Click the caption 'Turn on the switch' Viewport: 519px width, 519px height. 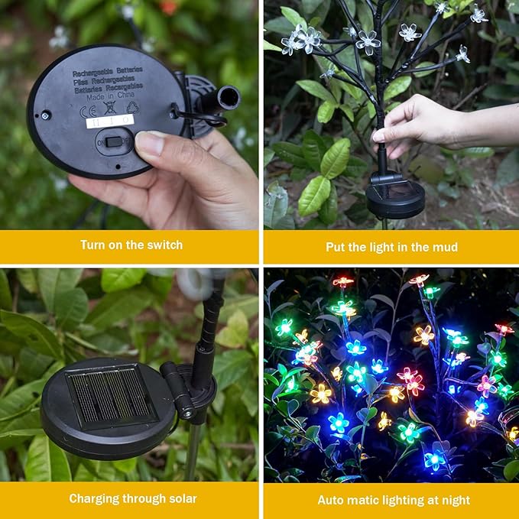(131, 245)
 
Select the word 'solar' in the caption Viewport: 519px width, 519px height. (181, 499)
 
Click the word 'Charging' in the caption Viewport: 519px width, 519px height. (95, 499)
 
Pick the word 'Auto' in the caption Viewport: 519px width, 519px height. (332, 501)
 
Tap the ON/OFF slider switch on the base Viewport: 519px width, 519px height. (114, 141)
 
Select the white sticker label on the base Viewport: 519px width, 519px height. (109, 122)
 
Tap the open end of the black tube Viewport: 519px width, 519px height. (229, 97)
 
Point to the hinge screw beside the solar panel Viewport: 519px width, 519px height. (187, 414)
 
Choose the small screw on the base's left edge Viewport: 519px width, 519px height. (45, 115)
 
